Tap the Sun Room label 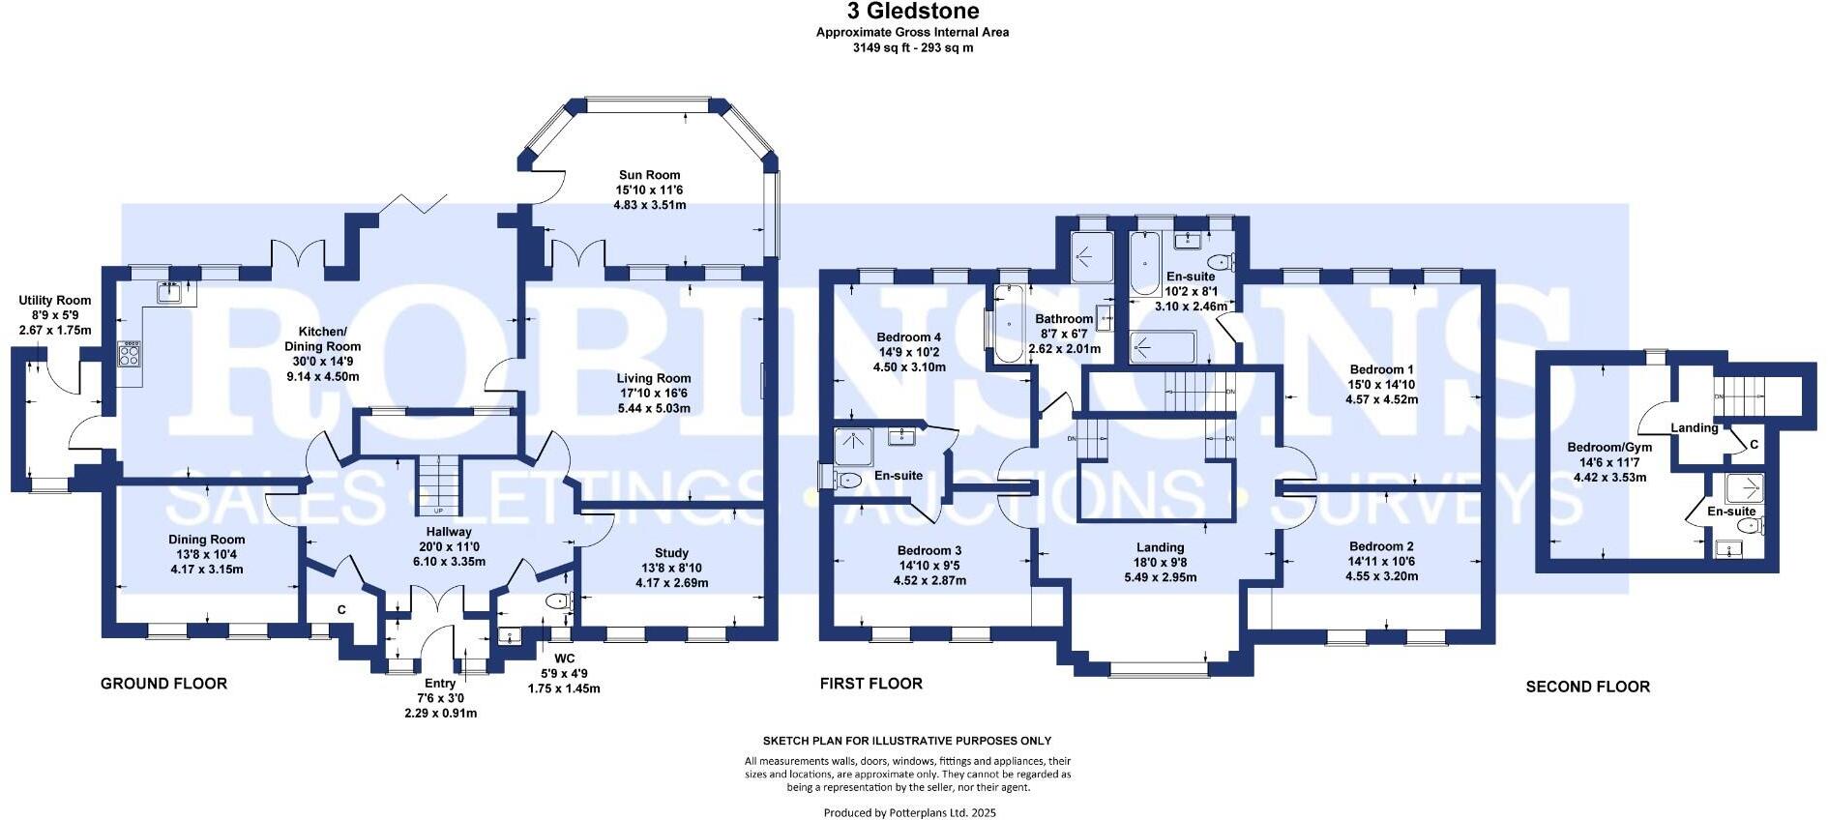coord(650,175)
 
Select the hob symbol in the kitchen coord(130,354)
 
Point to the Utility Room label coord(55,301)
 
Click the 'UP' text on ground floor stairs coord(438,511)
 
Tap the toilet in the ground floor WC coord(559,601)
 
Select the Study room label coord(671,553)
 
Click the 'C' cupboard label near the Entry coord(341,610)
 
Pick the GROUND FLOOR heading coord(163,684)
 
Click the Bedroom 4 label coord(909,337)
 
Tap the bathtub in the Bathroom coord(1007,324)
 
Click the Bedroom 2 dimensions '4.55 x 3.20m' coord(1381,576)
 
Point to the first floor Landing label coord(1160,547)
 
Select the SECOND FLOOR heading coord(1587,687)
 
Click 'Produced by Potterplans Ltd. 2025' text coord(909,813)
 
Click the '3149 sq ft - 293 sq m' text coord(913,46)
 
